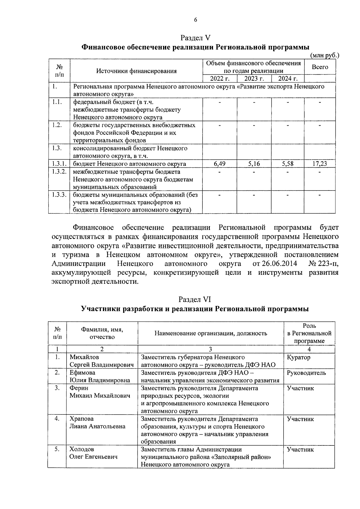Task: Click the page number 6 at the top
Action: point(195,20)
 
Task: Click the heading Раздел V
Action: point(195,38)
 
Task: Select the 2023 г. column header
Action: point(254,79)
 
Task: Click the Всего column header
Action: point(320,67)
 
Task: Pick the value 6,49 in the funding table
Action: point(220,164)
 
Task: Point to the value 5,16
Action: point(254,164)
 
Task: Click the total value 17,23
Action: point(320,164)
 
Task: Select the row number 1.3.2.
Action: point(59,172)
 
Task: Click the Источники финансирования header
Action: point(136,71)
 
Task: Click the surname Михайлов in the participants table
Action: point(84,357)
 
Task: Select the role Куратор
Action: point(298,357)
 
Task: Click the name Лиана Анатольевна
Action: point(97,426)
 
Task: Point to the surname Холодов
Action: point(82,449)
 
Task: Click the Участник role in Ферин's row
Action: point(300,388)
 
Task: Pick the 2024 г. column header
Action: point(288,79)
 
